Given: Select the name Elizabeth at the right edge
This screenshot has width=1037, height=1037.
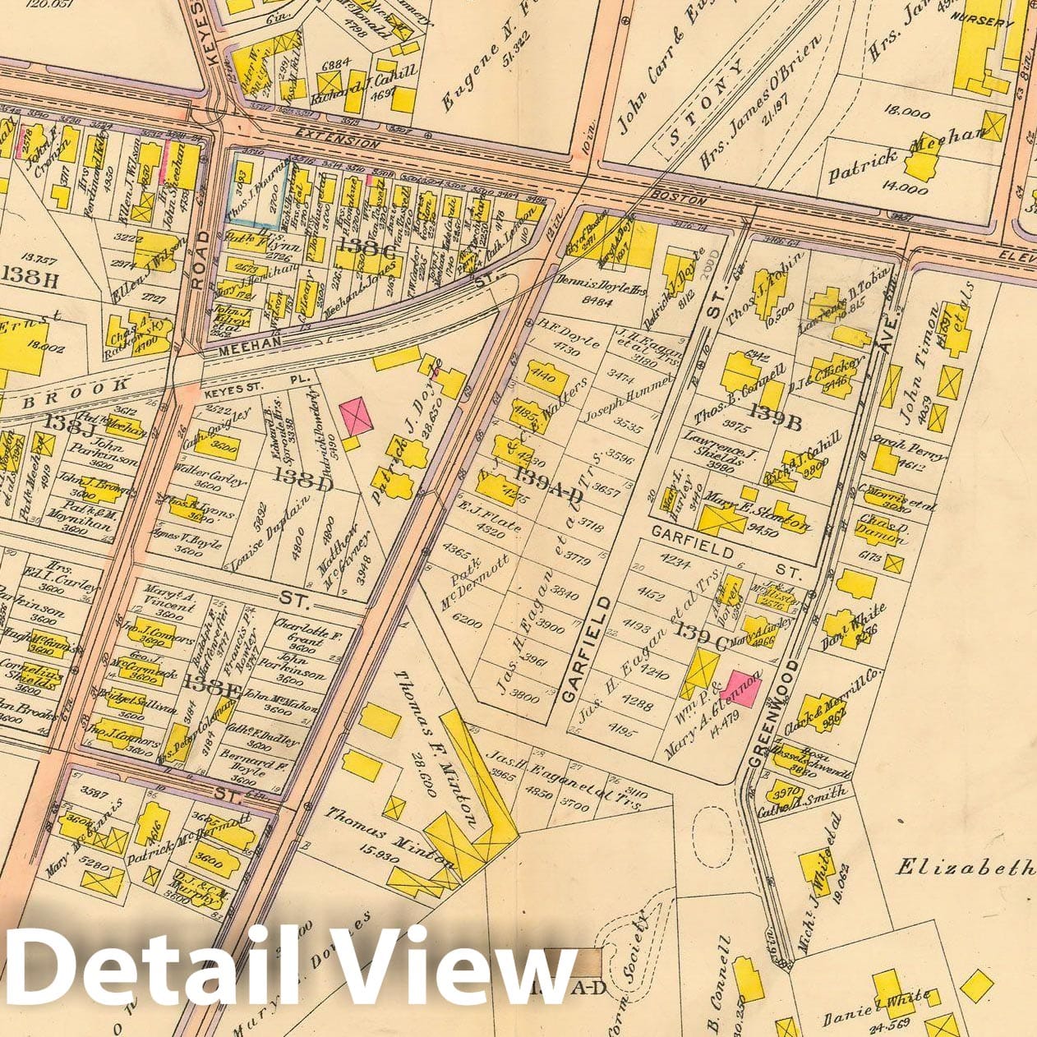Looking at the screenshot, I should pos(964,868).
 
